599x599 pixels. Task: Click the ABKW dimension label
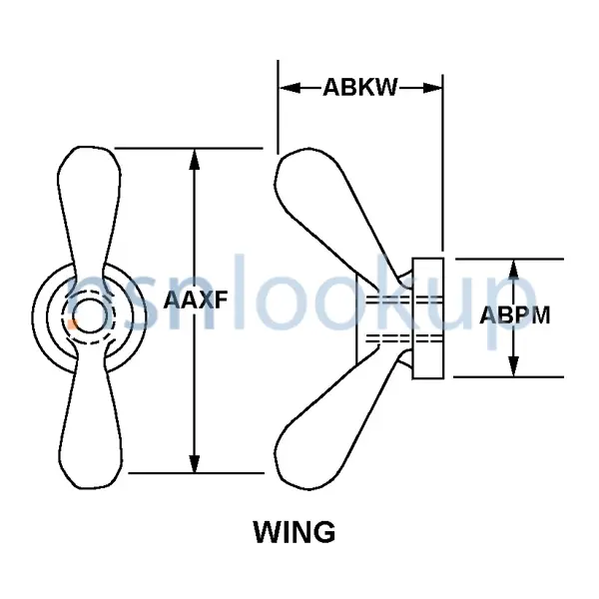(359, 88)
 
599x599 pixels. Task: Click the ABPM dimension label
(515, 316)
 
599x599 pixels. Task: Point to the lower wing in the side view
(329, 419)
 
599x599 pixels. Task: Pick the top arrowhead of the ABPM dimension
(515, 268)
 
